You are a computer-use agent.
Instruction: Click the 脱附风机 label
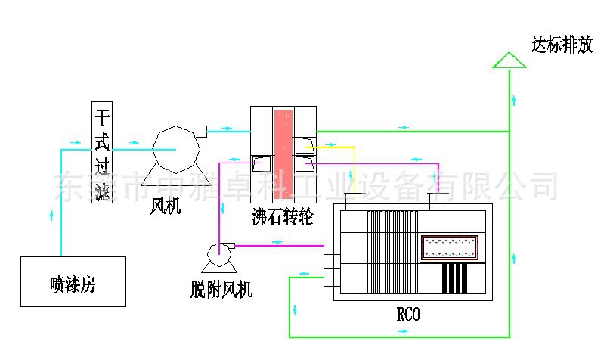point(221,288)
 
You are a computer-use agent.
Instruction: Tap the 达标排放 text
point(562,45)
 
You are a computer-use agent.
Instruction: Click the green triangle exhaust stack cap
point(509,61)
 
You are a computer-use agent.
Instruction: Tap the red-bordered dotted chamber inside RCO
point(450,247)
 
